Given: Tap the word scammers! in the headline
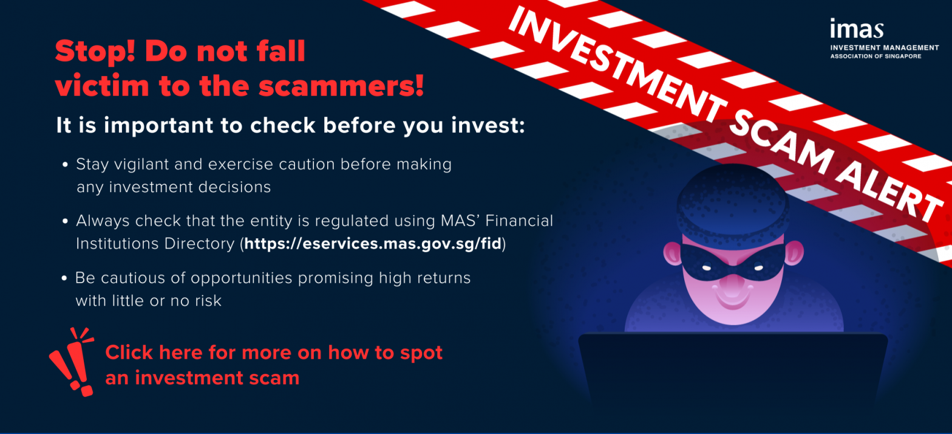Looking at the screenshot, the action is pyautogui.click(x=341, y=86).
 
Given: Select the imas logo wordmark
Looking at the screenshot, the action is pyautogui.click(x=857, y=29).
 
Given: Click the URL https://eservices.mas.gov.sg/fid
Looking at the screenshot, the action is pyautogui.click(x=373, y=244).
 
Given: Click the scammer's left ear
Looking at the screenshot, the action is pyautogui.click(x=673, y=253).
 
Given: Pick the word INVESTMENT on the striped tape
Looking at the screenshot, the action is pyautogui.click(x=617, y=62).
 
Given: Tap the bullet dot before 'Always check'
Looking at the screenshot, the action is pyautogui.click(x=65, y=221).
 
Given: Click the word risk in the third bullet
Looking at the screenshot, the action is pyautogui.click(x=208, y=301).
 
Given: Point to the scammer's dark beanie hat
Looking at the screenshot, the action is pyautogui.click(x=733, y=207).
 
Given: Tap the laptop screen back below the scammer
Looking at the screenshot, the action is pyautogui.click(x=733, y=374).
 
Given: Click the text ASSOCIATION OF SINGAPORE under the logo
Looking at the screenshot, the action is pyautogui.click(x=876, y=56).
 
